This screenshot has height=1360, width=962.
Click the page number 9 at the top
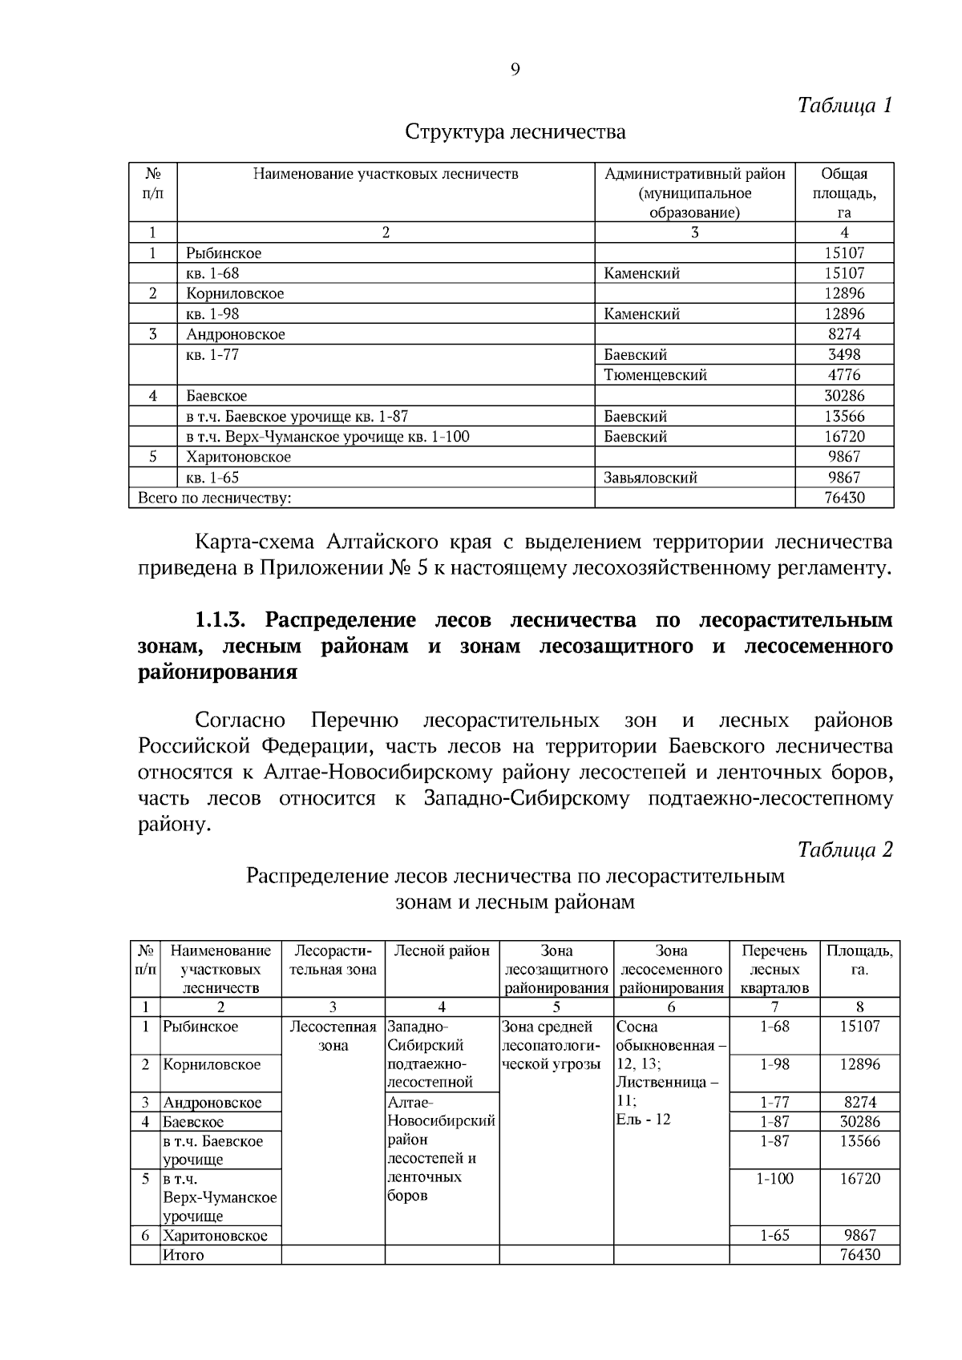click(x=515, y=70)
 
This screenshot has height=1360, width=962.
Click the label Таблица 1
click(x=844, y=105)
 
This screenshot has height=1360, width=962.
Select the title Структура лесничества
click(x=515, y=131)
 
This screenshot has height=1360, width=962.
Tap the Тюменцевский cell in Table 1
click(x=655, y=375)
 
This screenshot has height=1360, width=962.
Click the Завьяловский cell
click(x=650, y=478)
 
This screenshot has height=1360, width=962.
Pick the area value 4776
click(x=843, y=375)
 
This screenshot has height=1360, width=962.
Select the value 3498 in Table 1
click(x=843, y=354)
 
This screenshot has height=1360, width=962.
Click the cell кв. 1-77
click(x=212, y=354)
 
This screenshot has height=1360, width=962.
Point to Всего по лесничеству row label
click(x=215, y=498)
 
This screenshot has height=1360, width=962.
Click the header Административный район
click(x=694, y=174)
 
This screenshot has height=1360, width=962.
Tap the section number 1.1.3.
click(x=226, y=620)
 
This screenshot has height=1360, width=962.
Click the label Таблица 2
click(x=844, y=849)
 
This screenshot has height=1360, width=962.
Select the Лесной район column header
click(x=442, y=951)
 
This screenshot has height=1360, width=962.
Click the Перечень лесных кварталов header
click(x=774, y=969)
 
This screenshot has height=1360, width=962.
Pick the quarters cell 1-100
click(x=774, y=1178)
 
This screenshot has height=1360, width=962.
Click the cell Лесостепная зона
click(x=333, y=1035)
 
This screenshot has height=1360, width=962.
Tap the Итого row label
click(x=184, y=1255)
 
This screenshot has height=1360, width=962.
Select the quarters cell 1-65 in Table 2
click(x=774, y=1235)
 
